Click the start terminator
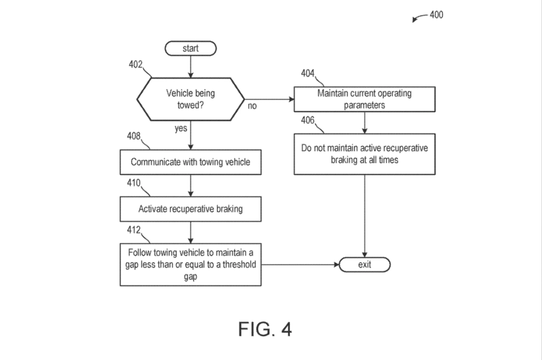191,49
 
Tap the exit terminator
365,264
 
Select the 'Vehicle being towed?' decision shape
191,98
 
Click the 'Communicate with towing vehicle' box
191,162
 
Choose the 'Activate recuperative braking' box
191,209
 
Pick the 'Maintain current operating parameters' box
365,99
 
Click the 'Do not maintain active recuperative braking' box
365,154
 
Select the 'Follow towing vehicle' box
191,264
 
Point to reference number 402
135,65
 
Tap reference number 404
309,74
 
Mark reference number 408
134,136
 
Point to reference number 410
134,183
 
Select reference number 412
134,230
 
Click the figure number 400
436,15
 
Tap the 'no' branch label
252,106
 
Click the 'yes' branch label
181,129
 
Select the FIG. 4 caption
265,329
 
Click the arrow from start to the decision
191,66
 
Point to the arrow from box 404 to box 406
365,122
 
